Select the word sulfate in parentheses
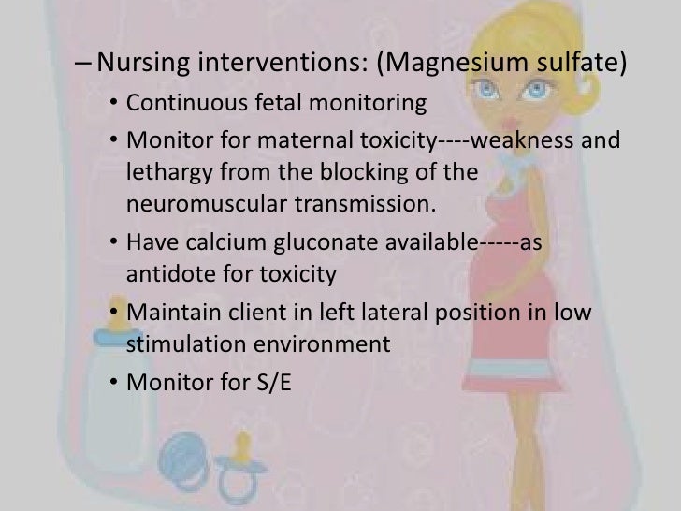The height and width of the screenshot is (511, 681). click(x=579, y=65)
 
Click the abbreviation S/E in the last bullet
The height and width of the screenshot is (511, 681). click(x=271, y=381)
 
